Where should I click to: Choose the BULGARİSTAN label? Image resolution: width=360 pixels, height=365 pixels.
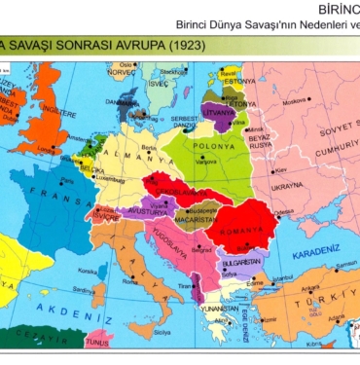[x=239, y=263]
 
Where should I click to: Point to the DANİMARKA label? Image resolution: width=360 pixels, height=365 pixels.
[x=125, y=102]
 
